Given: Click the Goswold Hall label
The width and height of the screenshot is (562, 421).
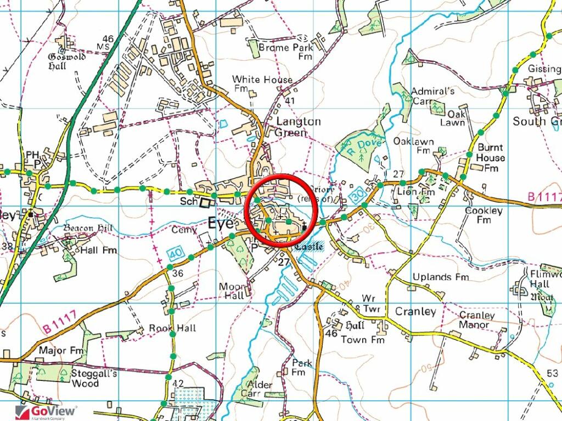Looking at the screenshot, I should click(66, 61).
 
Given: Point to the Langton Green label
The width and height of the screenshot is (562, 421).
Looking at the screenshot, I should click(298, 127).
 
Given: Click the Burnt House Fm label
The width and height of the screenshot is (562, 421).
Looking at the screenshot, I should click(490, 158).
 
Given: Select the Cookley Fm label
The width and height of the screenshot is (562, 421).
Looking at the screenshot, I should click(483, 215).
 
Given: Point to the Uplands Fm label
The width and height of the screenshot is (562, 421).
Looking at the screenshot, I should click(441, 277).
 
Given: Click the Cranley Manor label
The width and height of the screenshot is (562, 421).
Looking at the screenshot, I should click(474, 320).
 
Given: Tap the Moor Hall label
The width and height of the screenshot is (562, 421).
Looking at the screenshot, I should click(231, 291).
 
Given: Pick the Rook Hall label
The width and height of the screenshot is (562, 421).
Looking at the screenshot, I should click(172, 328).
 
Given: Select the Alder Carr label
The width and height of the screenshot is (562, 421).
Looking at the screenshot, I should click(260, 389).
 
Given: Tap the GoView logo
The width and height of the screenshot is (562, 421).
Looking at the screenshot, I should click(46, 411).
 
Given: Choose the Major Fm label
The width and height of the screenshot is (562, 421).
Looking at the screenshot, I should click(60, 350).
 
